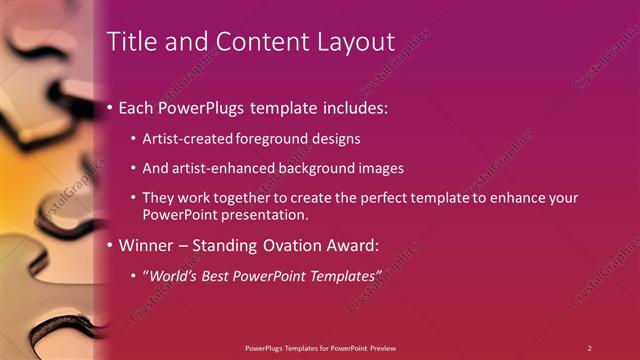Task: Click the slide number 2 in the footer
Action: pyautogui.click(x=589, y=347)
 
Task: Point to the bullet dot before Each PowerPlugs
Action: pyautogui.click(x=108, y=107)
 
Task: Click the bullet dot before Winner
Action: pyautogui.click(x=108, y=244)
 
